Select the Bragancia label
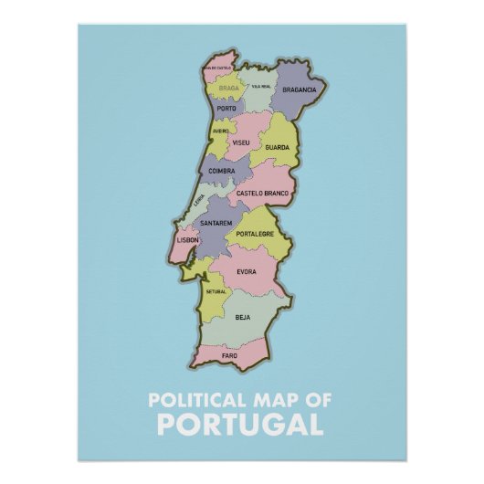tap(300, 89)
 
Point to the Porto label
tap(226, 109)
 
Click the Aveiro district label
tap(221, 131)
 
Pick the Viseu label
tap(242, 143)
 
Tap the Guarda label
tap(277, 147)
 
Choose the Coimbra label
tap(222, 171)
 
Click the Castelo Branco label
tap(262, 193)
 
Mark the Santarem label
tap(216, 223)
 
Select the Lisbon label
tap(187, 239)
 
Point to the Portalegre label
tap(255, 234)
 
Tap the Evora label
tap(247, 272)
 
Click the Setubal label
tap(216, 290)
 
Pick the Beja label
tap(242, 317)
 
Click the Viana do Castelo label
tap(218, 68)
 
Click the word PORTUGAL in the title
tap(240, 425)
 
